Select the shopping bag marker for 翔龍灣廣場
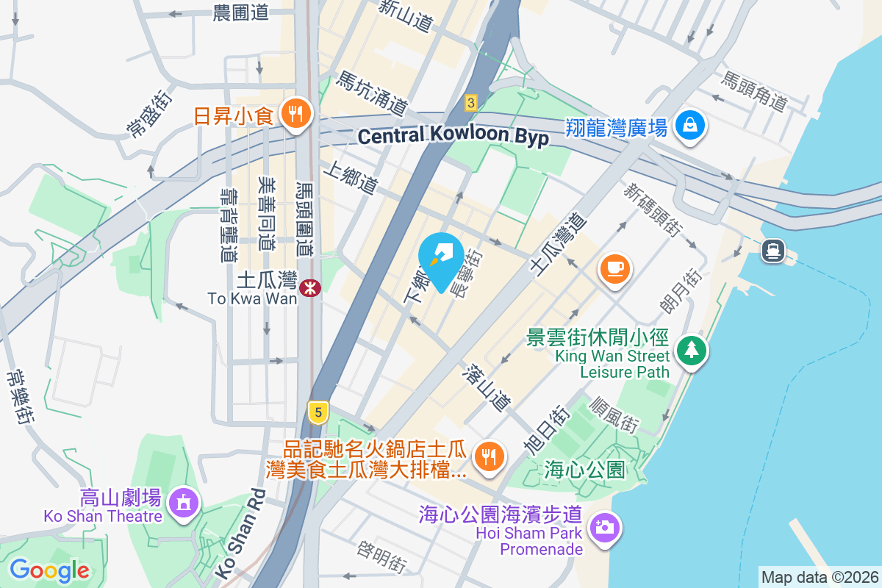pyautogui.click(x=690, y=126)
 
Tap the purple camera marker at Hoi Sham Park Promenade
pyautogui.click(x=605, y=528)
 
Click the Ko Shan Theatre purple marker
pyautogui.click(x=182, y=503)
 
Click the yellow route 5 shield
pyautogui.click(x=318, y=412)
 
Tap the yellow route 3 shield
pyautogui.click(x=471, y=102)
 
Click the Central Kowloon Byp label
pyautogui.click(x=453, y=136)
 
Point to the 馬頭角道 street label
pyautogui.click(x=755, y=91)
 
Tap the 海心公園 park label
pyautogui.click(x=584, y=469)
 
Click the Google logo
pyautogui.click(x=49, y=570)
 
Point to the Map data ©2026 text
pyautogui.click(x=819, y=577)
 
